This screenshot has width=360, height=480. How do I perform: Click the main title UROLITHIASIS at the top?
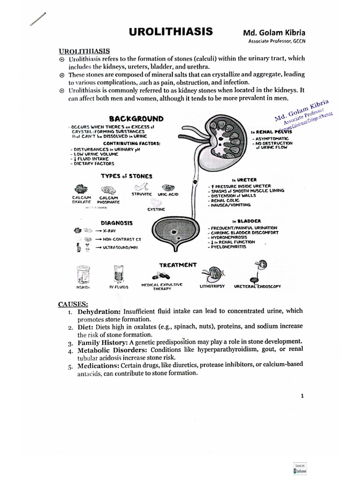pos(171,32)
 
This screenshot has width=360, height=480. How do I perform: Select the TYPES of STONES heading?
pos(127,176)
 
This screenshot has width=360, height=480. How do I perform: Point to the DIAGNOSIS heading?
pos(117,223)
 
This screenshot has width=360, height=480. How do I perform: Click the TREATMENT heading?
pos(178,265)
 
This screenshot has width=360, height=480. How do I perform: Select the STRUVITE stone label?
pos(142,194)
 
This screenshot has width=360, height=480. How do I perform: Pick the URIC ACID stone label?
pos(168,194)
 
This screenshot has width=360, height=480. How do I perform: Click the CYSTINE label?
pos(156,210)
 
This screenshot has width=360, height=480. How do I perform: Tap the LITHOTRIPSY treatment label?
pos(212,285)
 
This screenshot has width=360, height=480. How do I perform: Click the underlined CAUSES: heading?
pos(73,304)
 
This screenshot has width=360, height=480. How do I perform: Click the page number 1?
pos(302,396)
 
